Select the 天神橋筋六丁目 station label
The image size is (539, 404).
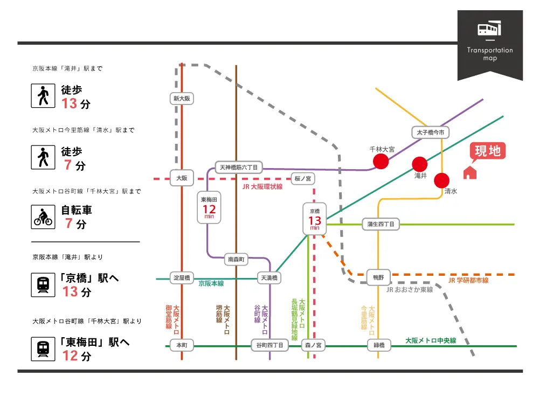[238, 168]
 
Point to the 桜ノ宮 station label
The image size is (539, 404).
[303, 178]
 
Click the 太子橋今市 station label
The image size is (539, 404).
[430, 132]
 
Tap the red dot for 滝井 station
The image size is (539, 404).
[420, 164]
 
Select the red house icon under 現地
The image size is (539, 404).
[470, 172]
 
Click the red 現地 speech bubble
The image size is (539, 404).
[488, 151]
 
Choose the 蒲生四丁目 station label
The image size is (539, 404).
[381, 224]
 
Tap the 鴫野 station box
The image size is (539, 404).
[378, 277]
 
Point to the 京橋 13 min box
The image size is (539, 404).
[315, 218]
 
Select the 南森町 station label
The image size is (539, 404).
[237, 260]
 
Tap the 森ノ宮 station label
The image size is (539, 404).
[313, 345]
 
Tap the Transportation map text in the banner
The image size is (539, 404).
[490, 54]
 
